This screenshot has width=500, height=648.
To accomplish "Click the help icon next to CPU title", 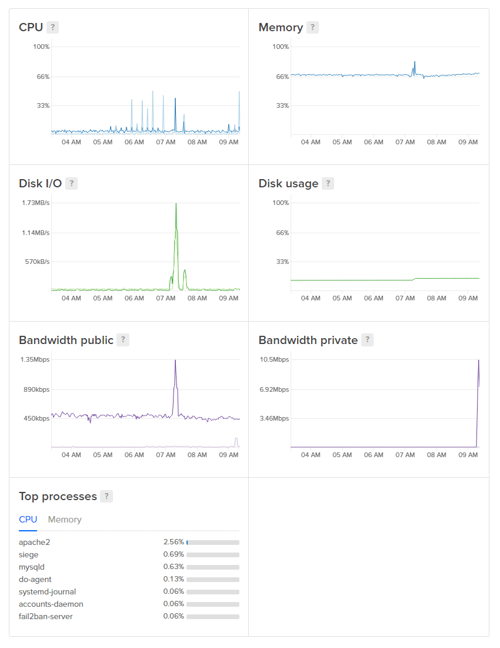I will (53, 27).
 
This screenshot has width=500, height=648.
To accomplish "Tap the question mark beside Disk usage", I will (328, 183).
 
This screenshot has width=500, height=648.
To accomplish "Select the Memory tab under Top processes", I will (65, 520).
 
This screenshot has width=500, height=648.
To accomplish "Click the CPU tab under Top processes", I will (28, 520).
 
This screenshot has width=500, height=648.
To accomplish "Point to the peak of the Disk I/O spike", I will (176, 204).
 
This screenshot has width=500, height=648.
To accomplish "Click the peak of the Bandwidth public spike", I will (175, 360).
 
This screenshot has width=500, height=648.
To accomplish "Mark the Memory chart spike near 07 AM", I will (415, 62).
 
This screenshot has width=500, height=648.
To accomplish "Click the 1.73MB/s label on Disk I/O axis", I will (36, 203).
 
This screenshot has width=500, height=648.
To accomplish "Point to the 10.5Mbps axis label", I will (274, 359).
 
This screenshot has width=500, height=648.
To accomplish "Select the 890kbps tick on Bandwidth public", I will (36, 389).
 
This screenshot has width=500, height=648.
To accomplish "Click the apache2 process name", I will (31, 542).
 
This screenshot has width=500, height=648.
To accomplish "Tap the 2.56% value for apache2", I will (174, 542).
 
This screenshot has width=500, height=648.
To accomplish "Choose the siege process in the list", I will (28, 554).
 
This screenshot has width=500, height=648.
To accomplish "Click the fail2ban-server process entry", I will (46, 616).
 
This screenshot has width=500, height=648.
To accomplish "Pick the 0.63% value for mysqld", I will (174, 567).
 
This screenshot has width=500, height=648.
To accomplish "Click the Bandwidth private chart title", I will (308, 340).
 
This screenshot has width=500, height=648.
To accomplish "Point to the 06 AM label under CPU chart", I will (134, 142).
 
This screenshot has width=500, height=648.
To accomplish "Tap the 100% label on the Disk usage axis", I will (281, 203).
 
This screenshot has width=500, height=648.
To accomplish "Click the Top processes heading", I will (58, 496).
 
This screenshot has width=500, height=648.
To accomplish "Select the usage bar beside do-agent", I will (213, 580).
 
